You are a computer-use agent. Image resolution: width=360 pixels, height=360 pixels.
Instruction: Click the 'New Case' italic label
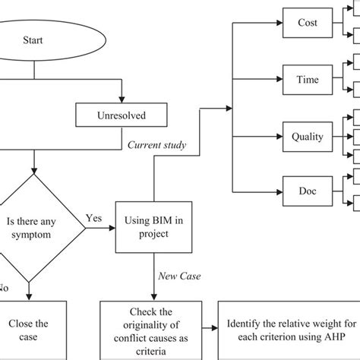(x=179, y=276)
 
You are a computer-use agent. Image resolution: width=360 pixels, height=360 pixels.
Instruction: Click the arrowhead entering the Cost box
(x=279, y=23)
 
